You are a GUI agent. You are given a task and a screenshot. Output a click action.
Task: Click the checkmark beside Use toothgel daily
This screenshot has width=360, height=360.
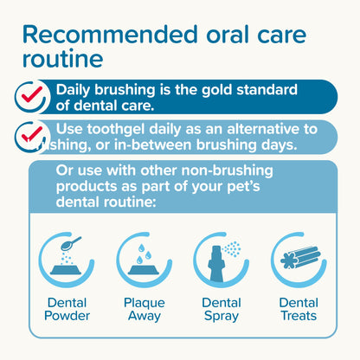coord(29,135)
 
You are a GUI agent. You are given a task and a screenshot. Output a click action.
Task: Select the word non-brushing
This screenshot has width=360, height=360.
coord(229,168)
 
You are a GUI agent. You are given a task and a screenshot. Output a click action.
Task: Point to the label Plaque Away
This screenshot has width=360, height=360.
coord(143,310)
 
